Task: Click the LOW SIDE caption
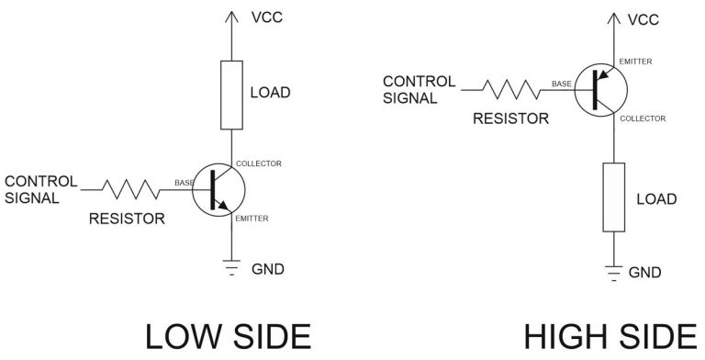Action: [227, 337]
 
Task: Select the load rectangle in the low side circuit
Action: [231, 95]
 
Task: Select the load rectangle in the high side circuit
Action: [613, 197]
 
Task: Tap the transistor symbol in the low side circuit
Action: [221, 188]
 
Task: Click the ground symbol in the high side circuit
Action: [613, 273]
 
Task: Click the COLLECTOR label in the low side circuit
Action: [259, 163]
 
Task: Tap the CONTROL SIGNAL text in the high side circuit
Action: [419, 89]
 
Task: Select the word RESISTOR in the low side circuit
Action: [127, 219]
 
